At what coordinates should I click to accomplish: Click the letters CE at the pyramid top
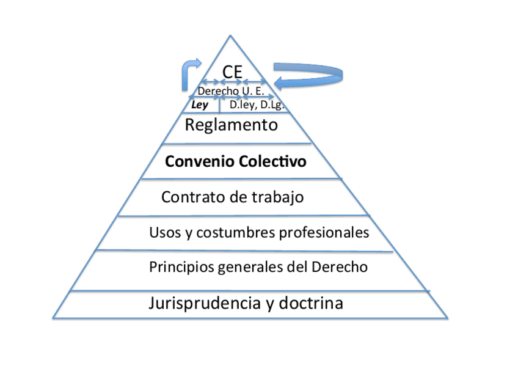232,71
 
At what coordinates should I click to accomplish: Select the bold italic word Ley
200,105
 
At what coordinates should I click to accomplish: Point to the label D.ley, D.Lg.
256,105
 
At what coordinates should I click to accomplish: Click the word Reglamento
232,126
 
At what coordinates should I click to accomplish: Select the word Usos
162,233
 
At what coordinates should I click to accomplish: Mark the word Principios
179,267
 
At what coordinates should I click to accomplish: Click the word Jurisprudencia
204,303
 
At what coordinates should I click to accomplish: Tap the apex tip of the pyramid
231,36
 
